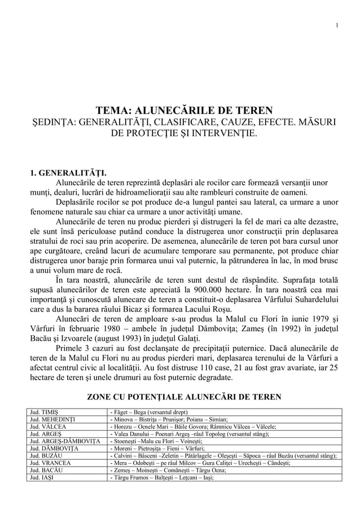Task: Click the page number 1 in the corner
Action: [336, 24]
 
